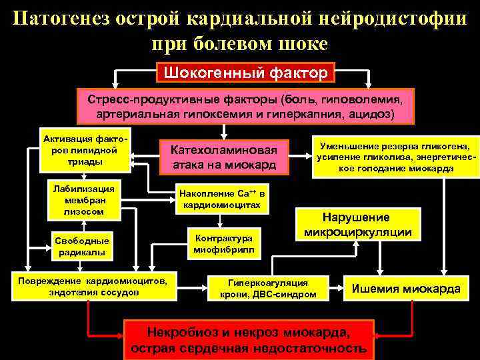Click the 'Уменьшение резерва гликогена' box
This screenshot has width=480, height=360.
(394, 157)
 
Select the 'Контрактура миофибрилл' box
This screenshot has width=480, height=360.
(223, 245)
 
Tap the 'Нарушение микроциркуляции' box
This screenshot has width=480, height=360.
(357, 225)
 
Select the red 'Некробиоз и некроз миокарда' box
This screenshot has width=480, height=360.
(248, 339)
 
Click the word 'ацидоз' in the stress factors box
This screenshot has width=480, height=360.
(374, 114)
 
